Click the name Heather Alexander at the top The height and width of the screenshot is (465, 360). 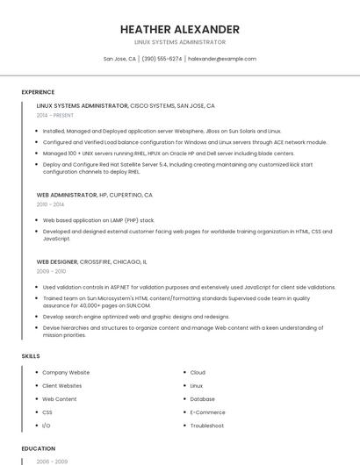[180, 29]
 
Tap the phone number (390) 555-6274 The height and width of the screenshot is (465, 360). [162, 59]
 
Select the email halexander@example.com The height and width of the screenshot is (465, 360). [222, 59]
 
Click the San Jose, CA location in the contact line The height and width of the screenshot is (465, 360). [119, 59]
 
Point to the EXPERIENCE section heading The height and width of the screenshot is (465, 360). [38, 91]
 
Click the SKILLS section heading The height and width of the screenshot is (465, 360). [31, 355]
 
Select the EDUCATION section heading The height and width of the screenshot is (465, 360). [39, 447]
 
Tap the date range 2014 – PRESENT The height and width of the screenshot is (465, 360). [55, 115]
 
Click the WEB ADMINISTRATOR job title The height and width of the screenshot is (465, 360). [67, 195]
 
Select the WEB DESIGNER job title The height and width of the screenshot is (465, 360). [57, 261]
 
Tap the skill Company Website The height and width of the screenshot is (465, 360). [66, 373]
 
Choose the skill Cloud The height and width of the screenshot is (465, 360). [198, 373]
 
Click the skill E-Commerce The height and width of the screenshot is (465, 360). [207, 412]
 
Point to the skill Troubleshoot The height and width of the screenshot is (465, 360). [207, 426]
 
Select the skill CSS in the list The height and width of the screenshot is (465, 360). [47, 412]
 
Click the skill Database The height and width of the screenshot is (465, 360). [202, 399]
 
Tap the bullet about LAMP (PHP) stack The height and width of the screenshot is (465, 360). [98, 220]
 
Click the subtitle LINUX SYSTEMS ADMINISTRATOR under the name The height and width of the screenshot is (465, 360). [180, 42]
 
